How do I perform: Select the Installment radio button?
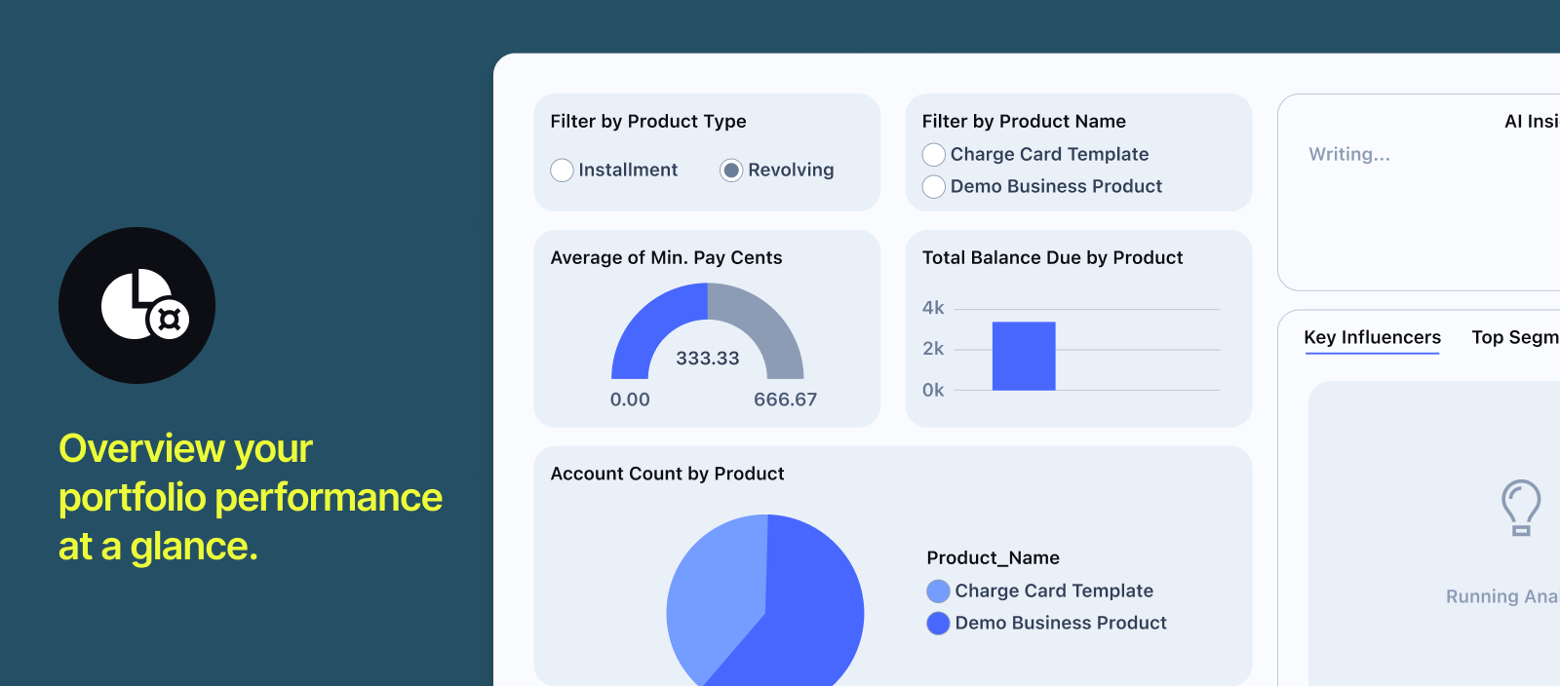click(562, 171)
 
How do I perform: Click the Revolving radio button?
click(731, 171)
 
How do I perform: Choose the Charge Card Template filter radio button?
click(934, 155)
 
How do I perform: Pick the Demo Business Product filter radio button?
click(934, 187)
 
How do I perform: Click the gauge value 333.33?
click(708, 359)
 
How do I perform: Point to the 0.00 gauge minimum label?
click(630, 400)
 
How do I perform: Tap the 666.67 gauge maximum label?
click(785, 400)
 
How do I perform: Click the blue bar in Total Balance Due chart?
click(1024, 356)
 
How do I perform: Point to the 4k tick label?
click(933, 308)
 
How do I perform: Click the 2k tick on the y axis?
click(933, 349)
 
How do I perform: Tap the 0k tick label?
click(933, 391)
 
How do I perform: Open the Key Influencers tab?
click(1372, 337)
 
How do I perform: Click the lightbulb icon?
click(1520, 507)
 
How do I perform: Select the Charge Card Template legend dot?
click(938, 591)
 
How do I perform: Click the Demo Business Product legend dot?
click(938, 624)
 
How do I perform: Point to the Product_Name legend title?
click(993, 558)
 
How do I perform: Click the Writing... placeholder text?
click(1349, 154)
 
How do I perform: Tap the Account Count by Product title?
click(667, 474)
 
